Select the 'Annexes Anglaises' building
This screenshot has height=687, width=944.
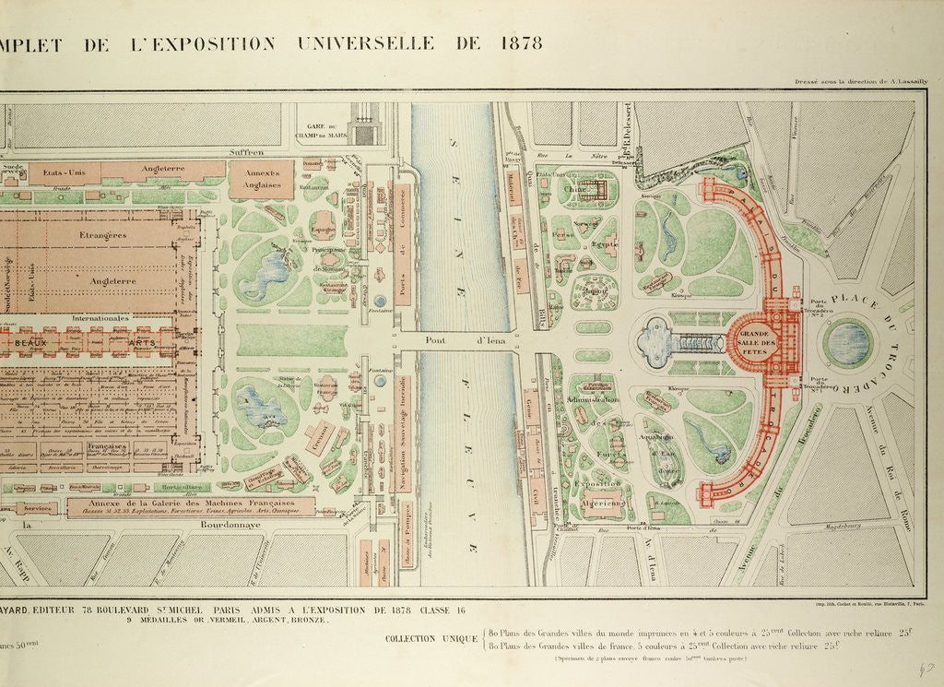261,179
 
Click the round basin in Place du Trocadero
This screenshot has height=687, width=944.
847,342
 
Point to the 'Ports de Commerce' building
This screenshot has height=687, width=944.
403,243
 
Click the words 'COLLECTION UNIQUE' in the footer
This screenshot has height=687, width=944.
431,638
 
